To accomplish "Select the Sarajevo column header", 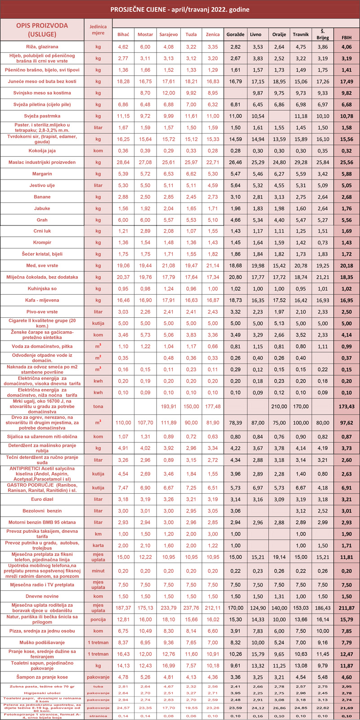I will coord(169,35).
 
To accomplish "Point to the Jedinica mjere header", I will coord(98,30).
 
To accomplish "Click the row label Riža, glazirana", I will coord(42,47).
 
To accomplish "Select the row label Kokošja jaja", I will coord(42,151).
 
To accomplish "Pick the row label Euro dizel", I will coord(42,499).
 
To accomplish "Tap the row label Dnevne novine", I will coord(42,596).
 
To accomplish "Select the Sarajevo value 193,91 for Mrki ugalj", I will coord(169,406).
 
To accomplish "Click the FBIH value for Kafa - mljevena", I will coord(346,300).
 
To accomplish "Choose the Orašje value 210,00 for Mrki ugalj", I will coord(279,406).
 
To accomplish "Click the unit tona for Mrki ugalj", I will coord(98,406).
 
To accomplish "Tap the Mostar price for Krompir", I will coord(145,243).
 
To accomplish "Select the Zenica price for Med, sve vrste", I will coord(213,266).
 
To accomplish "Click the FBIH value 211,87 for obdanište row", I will coord(346,608).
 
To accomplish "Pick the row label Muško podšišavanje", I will coord(42,643).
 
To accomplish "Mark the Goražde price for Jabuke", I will coord(235,209).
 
